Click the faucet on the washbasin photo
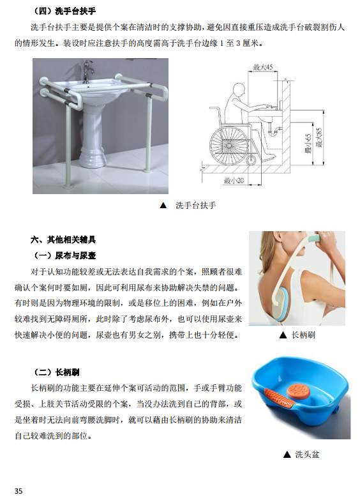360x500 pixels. (x=87, y=71)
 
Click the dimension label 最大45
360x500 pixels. (x=263, y=67)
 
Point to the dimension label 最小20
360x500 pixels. (x=234, y=181)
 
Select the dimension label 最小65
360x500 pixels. (x=308, y=144)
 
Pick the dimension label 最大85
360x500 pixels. (x=319, y=137)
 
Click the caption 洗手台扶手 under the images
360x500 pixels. (x=195, y=206)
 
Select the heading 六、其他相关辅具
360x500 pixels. (x=63, y=239)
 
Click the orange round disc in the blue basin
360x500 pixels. (x=297, y=390)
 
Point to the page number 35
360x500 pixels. (x=19, y=491)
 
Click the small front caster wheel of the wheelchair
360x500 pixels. (x=251, y=161)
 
